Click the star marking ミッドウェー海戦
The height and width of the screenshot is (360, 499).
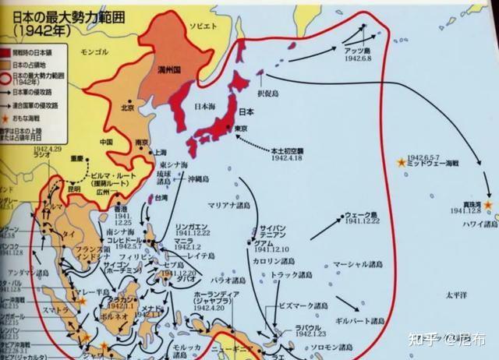[401, 163]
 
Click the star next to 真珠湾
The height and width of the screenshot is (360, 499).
[488, 205]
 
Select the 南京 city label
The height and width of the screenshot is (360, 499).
[141, 143]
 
